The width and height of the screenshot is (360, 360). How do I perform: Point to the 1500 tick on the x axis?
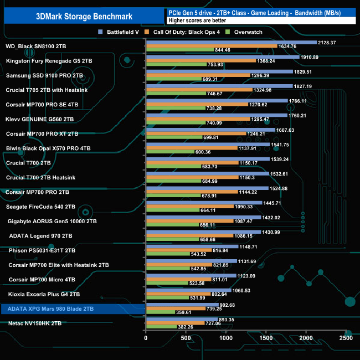pyautogui.click(x=266, y=338)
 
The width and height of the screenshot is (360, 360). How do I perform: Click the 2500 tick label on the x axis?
pyautogui.click(x=346, y=338)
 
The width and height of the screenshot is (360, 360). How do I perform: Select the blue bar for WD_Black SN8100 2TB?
pyautogui.click(x=231, y=42)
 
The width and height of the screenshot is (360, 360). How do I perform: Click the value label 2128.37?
pyautogui.click(x=330, y=42)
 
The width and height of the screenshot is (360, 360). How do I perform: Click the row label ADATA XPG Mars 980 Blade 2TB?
pyautogui.click(x=51, y=308)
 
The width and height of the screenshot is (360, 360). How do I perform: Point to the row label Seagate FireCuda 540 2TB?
pyautogui.click(x=40, y=207)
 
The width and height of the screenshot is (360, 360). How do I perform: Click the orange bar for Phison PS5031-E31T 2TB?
pyautogui.click(x=178, y=250)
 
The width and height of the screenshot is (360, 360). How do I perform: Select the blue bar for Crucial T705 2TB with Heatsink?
pyautogui.click(x=219, y=86)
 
